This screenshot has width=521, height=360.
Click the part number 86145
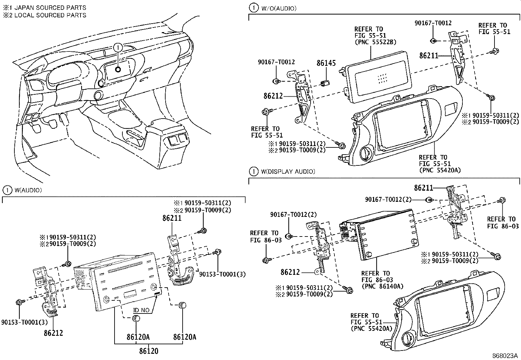coord(326,63)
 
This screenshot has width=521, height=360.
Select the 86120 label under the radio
coord(149,351)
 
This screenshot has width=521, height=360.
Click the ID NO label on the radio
coord(141,310)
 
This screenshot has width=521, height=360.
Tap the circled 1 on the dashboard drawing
coord(118,47)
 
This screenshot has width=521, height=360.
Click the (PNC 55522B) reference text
coord(375,42)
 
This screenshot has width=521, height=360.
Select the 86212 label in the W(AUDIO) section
coord(53,333)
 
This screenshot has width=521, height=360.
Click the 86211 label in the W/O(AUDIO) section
coord(428,56)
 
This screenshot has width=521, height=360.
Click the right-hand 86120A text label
coord(185,337)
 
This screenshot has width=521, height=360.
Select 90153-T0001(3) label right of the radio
coord(222,275)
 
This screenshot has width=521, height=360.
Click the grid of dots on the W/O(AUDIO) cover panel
coord(382,78)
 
